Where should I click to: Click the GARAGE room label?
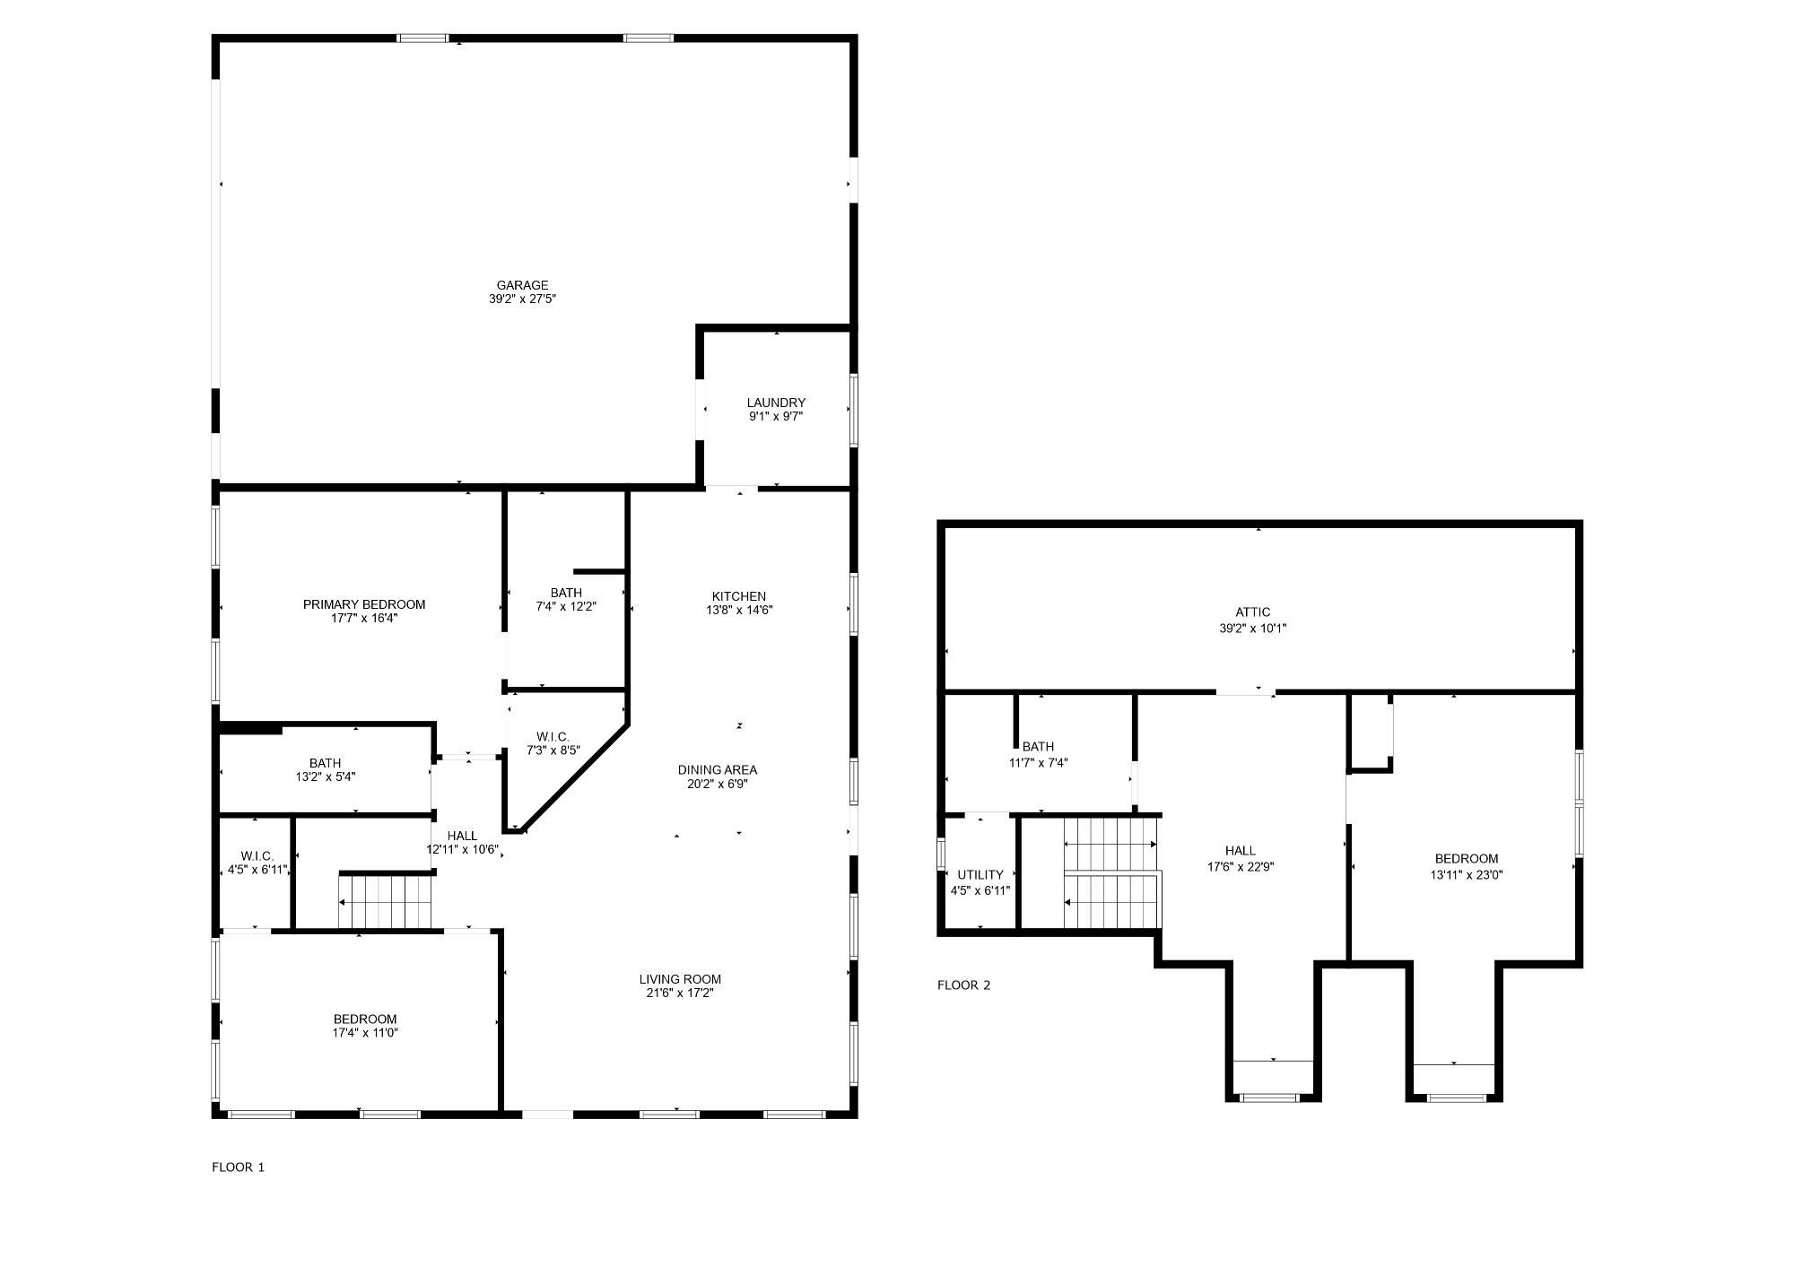[522, 285]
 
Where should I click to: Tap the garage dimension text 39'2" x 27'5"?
[522, 299]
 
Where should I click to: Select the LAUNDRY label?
[776, 403]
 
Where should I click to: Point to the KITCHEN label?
[739, 596]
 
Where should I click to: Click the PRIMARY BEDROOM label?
[364, 604]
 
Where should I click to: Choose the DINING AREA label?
[717, 769]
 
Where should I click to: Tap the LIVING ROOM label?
[680, 979]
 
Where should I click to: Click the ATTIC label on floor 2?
[1252, 612]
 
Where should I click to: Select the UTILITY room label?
[980, 875]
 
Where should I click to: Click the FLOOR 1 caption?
[238, 1167]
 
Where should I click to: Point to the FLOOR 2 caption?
[963, 985]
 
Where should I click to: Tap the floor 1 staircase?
[386, 901]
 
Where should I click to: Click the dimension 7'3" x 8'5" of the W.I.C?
[553, 750]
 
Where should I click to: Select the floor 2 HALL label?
[1241, 851]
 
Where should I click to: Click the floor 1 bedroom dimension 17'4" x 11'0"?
[365, 1033]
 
